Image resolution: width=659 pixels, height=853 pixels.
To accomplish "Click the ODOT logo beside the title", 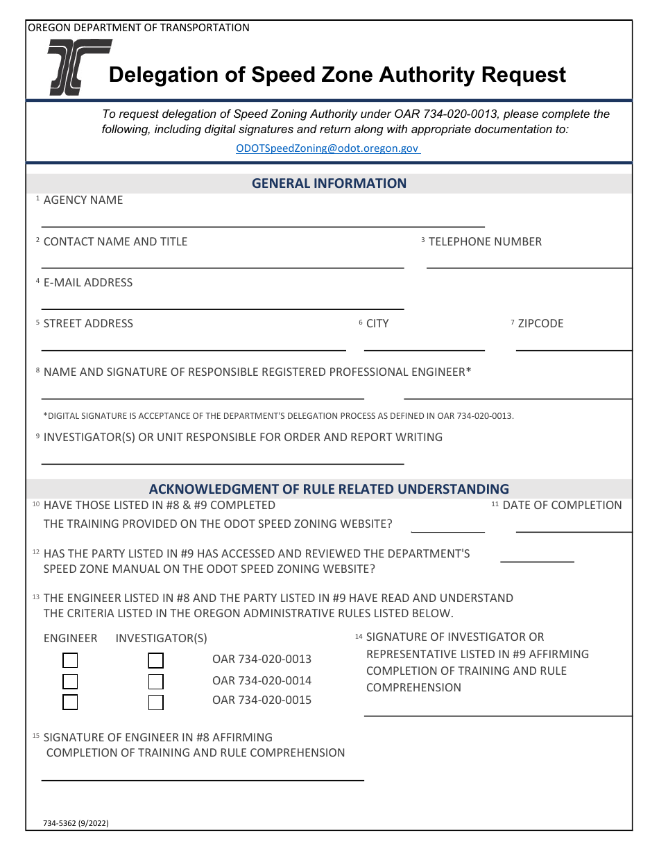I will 79,67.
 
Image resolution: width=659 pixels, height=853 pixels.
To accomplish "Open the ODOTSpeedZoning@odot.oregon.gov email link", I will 327,148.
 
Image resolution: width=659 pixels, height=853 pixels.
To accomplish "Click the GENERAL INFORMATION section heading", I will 329,184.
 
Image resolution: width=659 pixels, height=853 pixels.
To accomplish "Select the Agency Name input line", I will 263,220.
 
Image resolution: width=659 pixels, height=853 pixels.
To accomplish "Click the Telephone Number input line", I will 529,261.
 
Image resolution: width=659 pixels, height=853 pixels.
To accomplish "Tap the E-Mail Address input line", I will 223,302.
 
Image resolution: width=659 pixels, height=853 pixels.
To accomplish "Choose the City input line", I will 425,344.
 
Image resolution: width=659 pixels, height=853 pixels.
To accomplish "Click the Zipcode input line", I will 574,344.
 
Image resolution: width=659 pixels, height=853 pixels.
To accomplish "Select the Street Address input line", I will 194,344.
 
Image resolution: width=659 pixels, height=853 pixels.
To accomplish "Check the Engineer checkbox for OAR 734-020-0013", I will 70,660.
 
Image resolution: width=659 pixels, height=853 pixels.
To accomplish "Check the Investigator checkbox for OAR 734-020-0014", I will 156,682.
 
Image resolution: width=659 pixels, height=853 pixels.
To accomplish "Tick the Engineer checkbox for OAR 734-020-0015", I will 70,703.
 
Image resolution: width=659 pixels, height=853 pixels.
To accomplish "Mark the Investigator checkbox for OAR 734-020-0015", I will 156,703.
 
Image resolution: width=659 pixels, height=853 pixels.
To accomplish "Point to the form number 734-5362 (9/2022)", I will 76,824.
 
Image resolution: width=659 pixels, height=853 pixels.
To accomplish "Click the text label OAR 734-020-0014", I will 262,680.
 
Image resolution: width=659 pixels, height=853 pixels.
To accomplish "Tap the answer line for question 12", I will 537,555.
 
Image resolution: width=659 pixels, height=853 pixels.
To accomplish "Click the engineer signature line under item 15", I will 203,774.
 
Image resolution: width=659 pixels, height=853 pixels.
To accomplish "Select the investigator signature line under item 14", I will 497,709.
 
